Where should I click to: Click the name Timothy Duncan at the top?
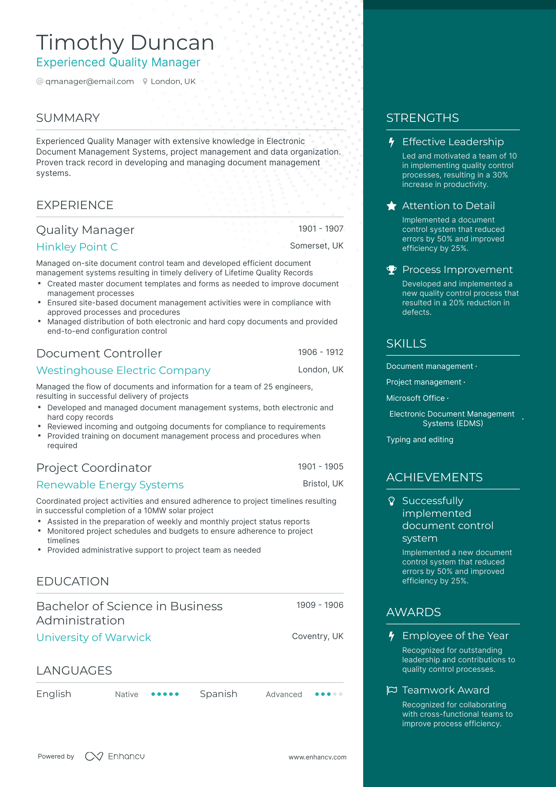tap(125, 43)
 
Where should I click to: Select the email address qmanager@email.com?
tap(90, 81)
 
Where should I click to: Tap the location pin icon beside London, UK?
tap(145, 82)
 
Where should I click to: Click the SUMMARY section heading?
tap(68, 118)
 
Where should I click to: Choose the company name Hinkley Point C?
tap(77, 247)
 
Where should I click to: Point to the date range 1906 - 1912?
tap(320, 352)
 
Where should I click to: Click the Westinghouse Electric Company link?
tap(123, 370)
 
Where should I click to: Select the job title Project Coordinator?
tap(94, 468)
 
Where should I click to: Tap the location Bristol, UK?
tap(323, 484)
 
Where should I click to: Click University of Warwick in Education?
tap(93, 637)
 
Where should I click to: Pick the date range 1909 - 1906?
tap(319, 605)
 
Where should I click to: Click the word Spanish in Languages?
tap(218, 694)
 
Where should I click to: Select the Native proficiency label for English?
tap(127, 694)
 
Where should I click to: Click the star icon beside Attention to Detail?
tap(391, 206)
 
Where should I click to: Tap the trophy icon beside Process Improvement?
tap(391, 270)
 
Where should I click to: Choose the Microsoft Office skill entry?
tap(415, 398)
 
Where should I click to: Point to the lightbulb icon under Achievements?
tap(391, 501)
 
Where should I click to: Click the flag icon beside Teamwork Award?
tap(391, 690)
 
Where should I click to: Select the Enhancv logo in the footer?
tap(115, 756)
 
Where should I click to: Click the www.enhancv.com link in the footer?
tap(317, 757)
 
